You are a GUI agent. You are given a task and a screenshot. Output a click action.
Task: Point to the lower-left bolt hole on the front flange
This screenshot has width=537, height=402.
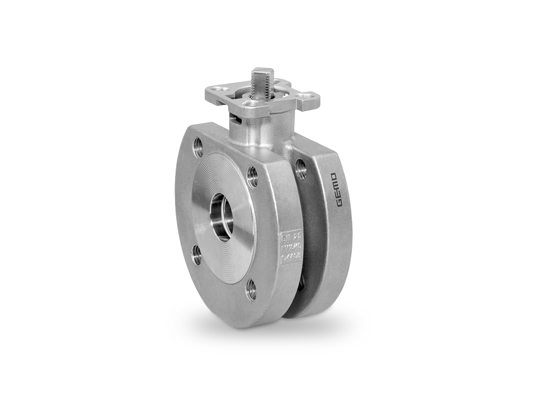[197, 255]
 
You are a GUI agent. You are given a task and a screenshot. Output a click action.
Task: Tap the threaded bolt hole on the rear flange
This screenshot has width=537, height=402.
[300, 169]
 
